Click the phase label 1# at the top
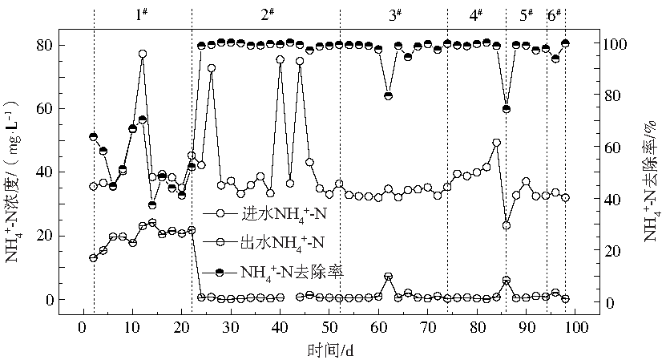tap(142, 14)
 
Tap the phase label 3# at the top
tap(395, 14)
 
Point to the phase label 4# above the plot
tap(475, 14)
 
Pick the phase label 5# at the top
tap(527, 14)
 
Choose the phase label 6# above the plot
tap(554, 14)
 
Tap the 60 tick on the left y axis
tap(46, 108)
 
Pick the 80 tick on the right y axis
tap(614, 95)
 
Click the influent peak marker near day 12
tap(143, 54)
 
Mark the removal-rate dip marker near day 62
tap(388, 95)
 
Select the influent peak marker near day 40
tap(280, 59)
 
